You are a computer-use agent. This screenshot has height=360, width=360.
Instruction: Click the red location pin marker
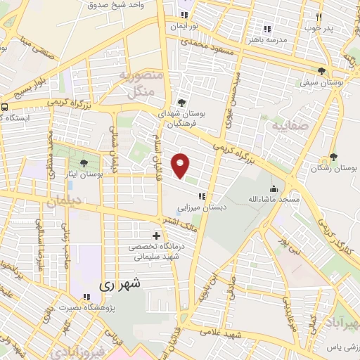(x=181, y=165)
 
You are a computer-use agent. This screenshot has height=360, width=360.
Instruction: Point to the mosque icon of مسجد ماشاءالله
(x=273, y=188)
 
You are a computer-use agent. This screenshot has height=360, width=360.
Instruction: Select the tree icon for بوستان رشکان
(x=333, y=157)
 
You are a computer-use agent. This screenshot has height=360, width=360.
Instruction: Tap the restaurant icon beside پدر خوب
(x=319, y=16)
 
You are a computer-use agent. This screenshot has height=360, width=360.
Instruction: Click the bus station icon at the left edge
(x=4, y=108)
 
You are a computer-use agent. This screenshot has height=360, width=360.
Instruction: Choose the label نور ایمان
(x=184, y=26)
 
